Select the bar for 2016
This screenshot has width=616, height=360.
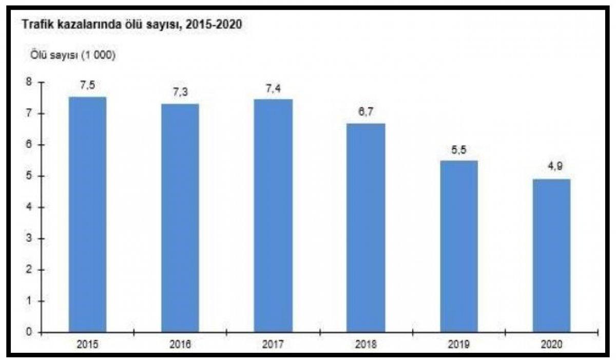tap(180, 218)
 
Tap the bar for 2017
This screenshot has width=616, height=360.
tap(273, 216)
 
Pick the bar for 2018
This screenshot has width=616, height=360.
tap(365, 228)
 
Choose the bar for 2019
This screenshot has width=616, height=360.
tap(458, 246)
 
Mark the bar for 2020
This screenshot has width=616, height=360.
tap(551, 255)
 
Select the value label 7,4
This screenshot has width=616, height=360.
tap(273, 88)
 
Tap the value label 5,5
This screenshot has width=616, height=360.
tap(458, 150)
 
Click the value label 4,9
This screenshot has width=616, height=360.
tap(551, 169)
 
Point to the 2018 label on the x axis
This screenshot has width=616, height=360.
tap(365, 344)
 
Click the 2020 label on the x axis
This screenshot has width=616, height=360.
tap(551, 344)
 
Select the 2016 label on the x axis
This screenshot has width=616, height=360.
tap(180, 344)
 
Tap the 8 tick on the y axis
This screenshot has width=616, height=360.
tap(29, 82)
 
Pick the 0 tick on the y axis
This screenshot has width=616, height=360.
tap(29, 332)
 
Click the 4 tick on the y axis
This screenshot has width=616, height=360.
tap(29, 207)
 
